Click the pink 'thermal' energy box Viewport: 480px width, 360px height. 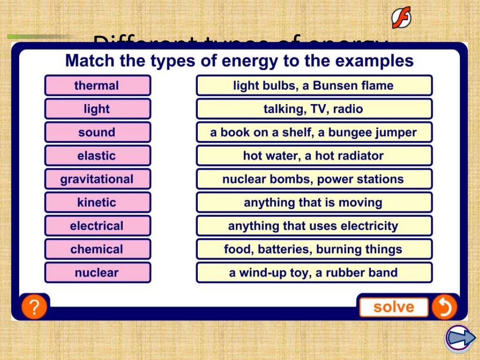(97, 85)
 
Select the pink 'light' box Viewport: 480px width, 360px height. (97, 109)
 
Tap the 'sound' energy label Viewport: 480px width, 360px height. (97, 132)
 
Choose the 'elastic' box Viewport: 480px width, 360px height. (97, 156)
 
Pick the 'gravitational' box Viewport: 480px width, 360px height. (97, 179)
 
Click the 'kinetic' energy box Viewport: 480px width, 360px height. (97, 202)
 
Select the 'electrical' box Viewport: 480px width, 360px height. (97, 226)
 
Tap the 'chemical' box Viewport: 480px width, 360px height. (97, 249)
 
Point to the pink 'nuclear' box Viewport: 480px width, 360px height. (97, 273)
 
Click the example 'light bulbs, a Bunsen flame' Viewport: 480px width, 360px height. (314, 85)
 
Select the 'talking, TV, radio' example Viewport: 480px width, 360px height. (314, 109)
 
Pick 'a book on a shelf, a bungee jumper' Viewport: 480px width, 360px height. (314, 132)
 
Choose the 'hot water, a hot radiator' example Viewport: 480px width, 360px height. (314, 156)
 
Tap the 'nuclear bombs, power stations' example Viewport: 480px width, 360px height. (314, 179)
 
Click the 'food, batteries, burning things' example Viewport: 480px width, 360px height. (314, 249)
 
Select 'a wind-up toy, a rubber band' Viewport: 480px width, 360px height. (314, 273)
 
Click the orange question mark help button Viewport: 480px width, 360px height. (34, 307)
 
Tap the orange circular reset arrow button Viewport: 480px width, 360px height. (443, 307)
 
